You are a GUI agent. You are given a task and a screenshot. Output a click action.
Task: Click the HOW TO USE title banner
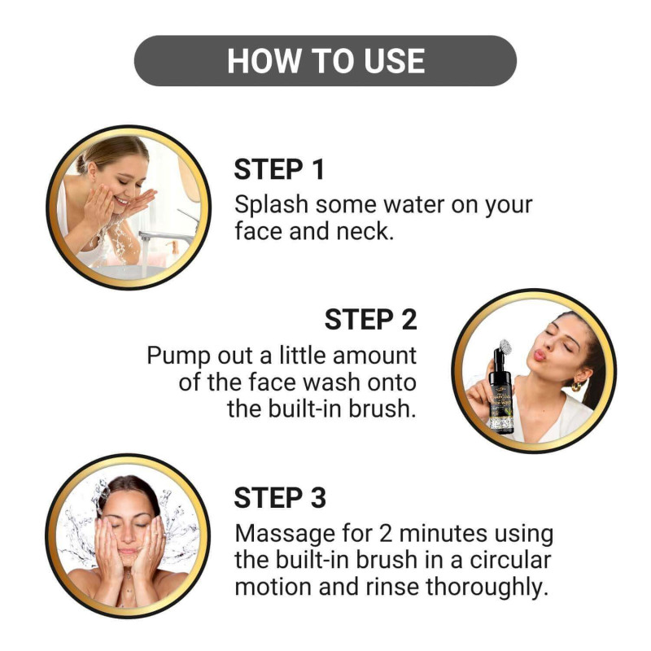[325, 60]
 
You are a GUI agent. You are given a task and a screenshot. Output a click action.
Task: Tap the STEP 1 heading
[279, 170]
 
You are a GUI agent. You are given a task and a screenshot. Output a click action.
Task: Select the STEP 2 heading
[370, 320]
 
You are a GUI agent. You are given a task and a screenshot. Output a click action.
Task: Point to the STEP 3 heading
[280, 498]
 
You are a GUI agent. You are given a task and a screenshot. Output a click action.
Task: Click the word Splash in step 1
[272, 205]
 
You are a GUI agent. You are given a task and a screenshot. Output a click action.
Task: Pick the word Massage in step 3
[285, 535]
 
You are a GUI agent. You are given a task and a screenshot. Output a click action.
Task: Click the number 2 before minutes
[385, 534]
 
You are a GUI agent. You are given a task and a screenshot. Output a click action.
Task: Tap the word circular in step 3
[510, 560]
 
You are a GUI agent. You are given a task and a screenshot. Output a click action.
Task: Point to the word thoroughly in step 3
[485, 588]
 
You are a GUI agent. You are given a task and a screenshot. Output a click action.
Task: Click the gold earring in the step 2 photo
[577, 386]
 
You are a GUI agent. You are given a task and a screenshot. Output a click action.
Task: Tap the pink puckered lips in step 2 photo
[540, 355]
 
